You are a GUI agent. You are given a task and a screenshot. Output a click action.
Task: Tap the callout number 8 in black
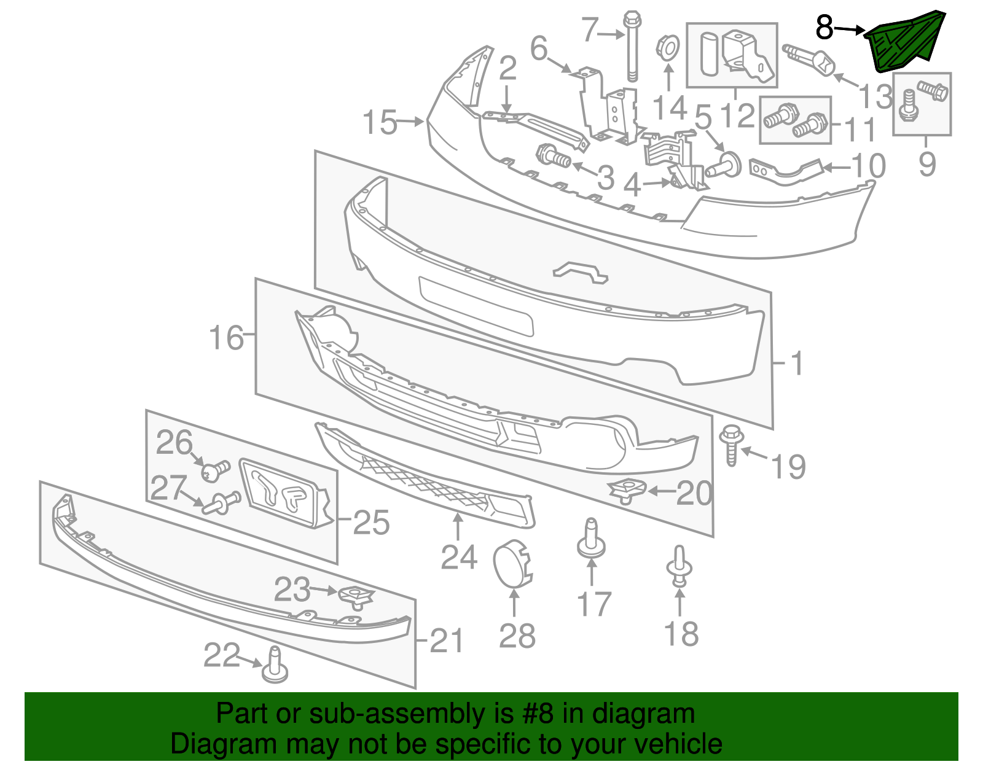tap(824, 28)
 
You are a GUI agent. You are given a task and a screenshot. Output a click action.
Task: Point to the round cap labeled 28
tap(512, 563)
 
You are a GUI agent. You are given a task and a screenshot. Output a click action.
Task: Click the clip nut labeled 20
tap(627, 490)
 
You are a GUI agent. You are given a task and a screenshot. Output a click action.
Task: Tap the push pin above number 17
tap(591, 540)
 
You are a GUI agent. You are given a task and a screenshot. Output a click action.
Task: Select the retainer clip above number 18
tap(679, 567)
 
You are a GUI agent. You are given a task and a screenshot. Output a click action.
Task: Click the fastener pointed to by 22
tap(275, 666)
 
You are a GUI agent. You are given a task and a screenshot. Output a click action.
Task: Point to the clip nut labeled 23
tap(356, 595)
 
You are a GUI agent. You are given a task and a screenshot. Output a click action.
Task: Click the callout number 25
tap(371, 523)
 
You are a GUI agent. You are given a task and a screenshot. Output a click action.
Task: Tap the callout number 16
tap(226, 338)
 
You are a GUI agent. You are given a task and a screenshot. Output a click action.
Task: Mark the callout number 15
tap(380, 123)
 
